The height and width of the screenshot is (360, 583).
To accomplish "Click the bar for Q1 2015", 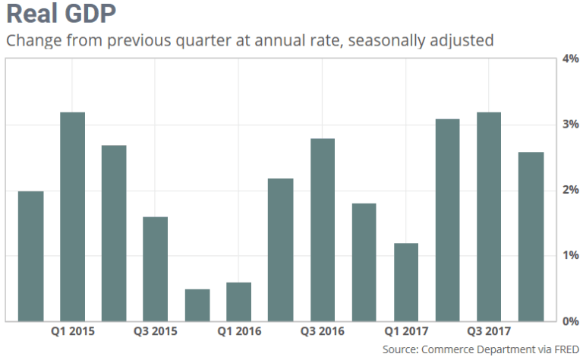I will pyautogui.click(x=72, y=216).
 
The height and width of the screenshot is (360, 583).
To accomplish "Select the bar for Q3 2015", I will pyautogui.click(x=155, y=269).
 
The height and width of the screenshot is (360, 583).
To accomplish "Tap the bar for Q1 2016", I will pyautogui.click(x=239, y=302).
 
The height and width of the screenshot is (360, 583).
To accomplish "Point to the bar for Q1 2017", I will pyautogui.click(x=405, y=282).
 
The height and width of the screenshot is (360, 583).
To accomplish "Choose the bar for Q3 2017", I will pyautogui.click(x=489, y=216).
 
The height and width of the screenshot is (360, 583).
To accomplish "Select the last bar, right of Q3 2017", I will pyautogui.click(x=531, y=236).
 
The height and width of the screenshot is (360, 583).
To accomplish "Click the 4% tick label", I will pyautogui.click(x=569, y=58).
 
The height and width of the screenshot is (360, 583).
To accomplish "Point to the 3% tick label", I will pyautogui.click(x=569, y=124).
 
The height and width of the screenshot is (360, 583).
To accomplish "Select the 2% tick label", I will pyautogui.click(x=569, y=190).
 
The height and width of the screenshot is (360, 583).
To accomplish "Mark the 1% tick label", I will pyautogui.click(x=569, y=255).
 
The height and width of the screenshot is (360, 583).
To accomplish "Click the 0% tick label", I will pyautogui.click(x=569, y=321).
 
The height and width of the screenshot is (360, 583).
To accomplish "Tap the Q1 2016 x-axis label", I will pyautogui.click(x=239, y=331).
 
